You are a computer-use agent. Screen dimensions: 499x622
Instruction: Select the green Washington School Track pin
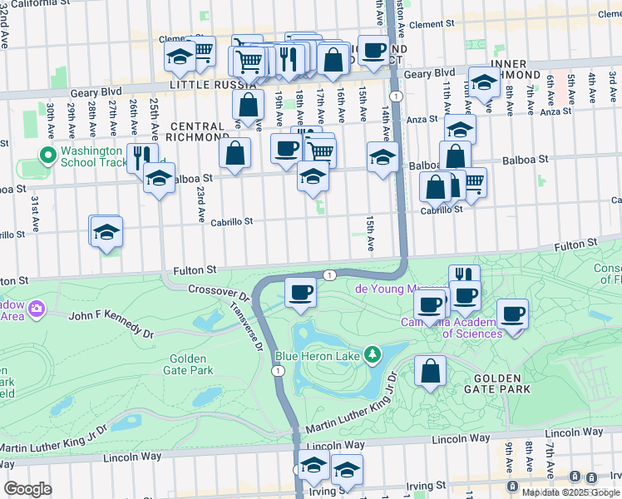click(48, 156)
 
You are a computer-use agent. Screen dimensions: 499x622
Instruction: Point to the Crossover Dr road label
click(219, 295)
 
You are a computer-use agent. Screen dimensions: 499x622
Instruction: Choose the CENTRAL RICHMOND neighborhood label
click(197, 131)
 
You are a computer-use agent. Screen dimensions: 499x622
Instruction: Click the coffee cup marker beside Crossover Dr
click(300, 292)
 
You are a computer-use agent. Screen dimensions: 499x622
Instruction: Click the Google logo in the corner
click(27, 489)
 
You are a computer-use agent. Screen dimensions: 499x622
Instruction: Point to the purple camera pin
click(36, 309)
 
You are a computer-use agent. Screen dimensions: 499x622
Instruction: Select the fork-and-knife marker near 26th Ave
click(142, 157)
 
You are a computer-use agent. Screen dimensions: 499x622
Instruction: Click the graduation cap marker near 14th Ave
click(383, 157)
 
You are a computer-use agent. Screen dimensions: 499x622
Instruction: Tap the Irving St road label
click(426, 486)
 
